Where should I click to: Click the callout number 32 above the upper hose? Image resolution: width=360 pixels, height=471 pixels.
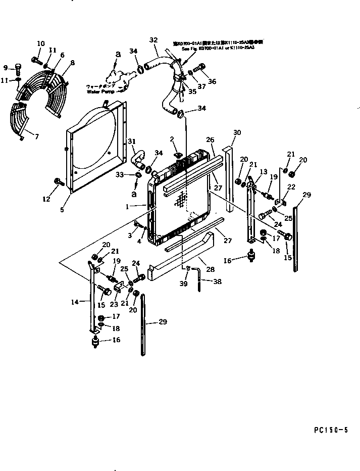point(153,39)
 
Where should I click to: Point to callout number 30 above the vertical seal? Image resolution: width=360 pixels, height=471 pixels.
point(237,132)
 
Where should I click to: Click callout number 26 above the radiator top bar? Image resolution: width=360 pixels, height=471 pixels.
point(210,140)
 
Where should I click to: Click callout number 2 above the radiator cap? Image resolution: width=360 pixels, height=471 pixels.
point(172,138)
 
